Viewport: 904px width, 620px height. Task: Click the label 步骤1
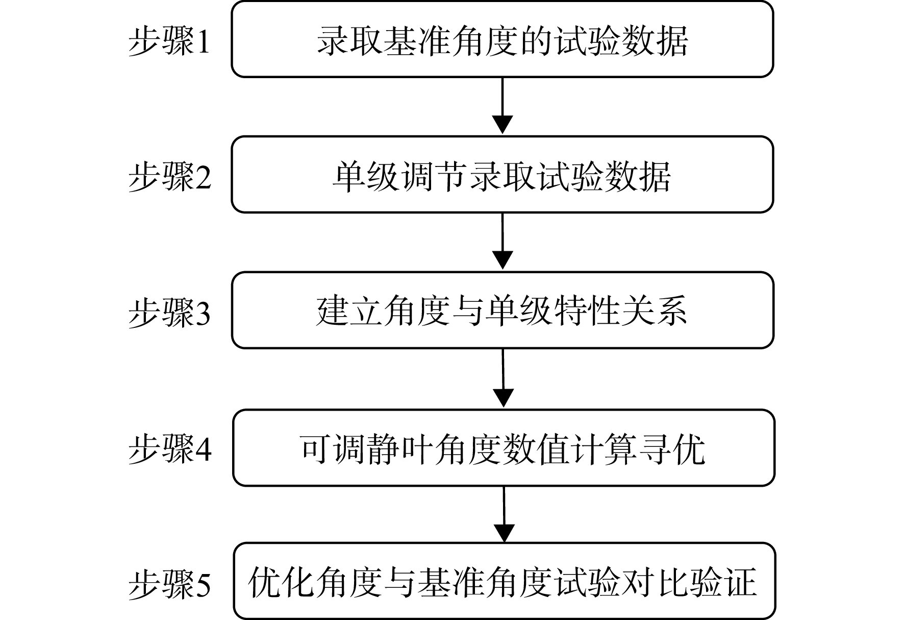coord(169,41)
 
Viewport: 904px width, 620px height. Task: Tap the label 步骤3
coord(169,312)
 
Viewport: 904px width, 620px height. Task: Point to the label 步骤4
coord(169,449)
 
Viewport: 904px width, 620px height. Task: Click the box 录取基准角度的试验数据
coord(503,39)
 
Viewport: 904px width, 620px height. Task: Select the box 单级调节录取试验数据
coord(503,175)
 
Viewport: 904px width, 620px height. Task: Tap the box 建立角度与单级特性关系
coord(503,311)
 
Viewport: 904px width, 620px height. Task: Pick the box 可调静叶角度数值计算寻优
coord(504,447)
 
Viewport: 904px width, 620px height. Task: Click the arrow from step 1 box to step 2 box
coord(503,106)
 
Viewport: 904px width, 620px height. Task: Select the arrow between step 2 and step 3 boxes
coord(503,241)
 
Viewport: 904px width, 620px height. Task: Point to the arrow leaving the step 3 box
coord(504,378)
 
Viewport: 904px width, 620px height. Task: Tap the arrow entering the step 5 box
coord(504,514)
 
